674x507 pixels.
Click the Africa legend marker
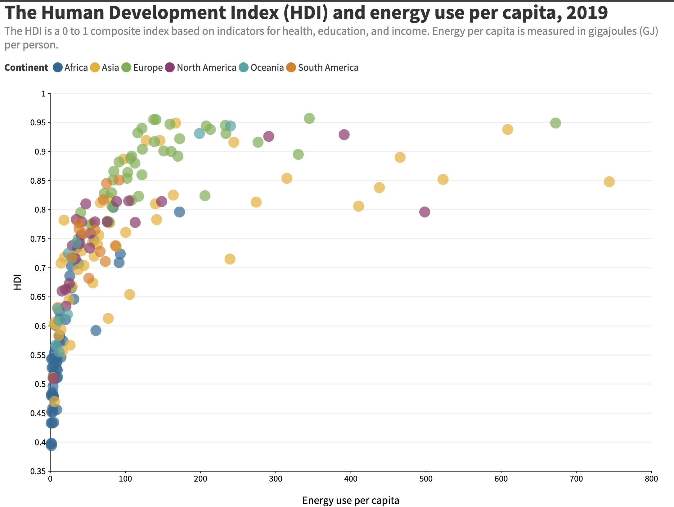click(x=58, y=68)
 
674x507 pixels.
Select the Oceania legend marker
click(x=244, y=68)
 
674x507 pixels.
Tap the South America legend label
click(x=328, y=68)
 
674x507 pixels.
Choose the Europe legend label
click(x=148, y=68)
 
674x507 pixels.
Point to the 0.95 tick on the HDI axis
click(x=38, y=123)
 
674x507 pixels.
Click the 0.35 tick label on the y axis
click(x=38, y=472)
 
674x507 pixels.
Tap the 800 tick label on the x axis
click(x=651, y=479)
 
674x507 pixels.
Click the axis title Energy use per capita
click(x=351, y=500)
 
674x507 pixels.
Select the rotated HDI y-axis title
click(x=17, y=282)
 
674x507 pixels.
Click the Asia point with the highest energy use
click(x=609, y=182)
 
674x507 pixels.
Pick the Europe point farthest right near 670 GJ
click(x=555, y=123)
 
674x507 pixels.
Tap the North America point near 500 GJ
click(x=425, y=212)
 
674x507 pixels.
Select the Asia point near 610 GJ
click(x=507, y=129)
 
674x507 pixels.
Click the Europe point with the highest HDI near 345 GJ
click(x=309, y=118)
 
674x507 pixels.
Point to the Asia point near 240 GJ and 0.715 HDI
click(x=230, y=259)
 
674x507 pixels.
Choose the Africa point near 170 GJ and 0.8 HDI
click(x=179, y=212)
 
